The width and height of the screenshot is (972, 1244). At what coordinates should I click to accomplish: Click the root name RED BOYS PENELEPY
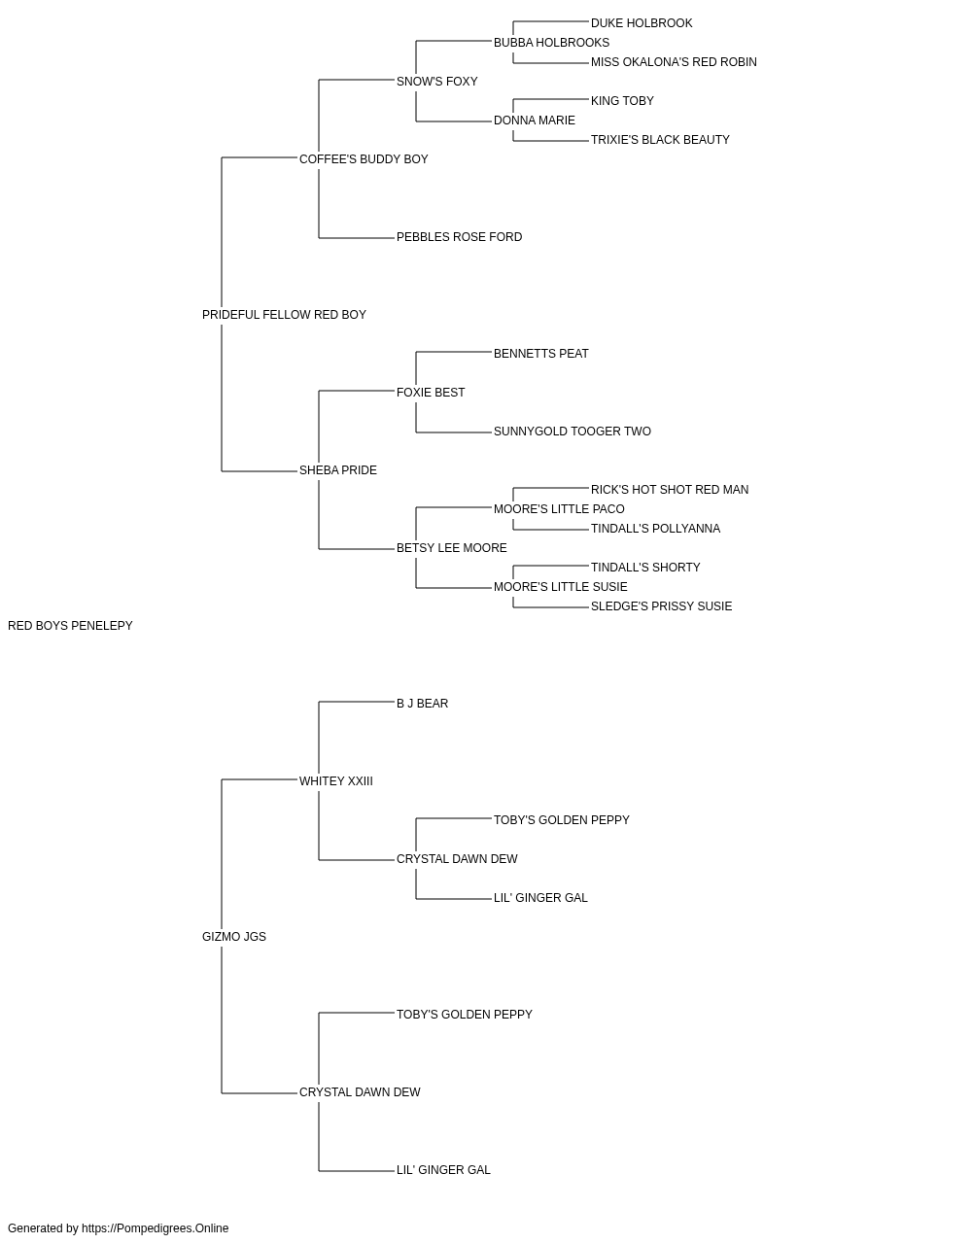point(70,626)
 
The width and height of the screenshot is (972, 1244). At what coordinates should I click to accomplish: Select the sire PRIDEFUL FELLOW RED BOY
point(284,315)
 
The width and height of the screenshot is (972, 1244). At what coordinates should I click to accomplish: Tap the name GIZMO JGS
point(234,937)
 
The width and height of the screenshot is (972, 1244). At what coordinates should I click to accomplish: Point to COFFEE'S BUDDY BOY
point(364,159)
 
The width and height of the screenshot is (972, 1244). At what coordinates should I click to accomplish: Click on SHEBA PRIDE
point(337,470)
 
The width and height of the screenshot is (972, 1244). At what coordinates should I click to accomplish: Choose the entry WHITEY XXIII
point(336,780)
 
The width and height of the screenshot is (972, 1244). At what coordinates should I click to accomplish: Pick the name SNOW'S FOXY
point(436,82)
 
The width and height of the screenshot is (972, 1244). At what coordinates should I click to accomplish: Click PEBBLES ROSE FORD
point(459,237)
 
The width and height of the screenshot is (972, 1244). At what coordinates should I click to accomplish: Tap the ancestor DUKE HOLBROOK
point(642,23)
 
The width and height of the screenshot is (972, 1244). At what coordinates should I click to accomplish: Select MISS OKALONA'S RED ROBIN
point(674,62)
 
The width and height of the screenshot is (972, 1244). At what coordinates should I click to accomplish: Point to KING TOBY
point(622,101)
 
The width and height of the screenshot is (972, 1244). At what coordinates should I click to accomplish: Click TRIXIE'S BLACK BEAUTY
point(660,140)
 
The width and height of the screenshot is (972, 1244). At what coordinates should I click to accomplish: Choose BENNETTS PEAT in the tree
point(541,354)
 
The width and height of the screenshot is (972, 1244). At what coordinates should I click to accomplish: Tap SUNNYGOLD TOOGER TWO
point(573,432)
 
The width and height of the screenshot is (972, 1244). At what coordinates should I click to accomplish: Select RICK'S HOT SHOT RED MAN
point(670,490)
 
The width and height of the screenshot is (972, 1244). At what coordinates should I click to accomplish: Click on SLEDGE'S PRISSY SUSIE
point(661,606)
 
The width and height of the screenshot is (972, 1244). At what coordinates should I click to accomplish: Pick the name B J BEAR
point(423,703)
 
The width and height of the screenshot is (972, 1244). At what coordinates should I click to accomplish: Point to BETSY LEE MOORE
point(452,548)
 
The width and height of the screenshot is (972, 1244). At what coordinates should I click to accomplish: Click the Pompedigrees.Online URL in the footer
point(156,1228)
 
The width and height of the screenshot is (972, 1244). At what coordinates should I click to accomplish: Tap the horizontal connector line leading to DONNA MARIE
point(454,121)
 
